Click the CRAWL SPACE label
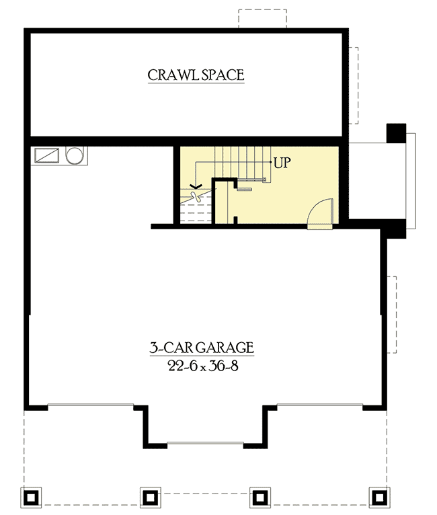[x=196, y=75]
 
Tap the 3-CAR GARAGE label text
[x=201, y=348]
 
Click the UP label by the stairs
[x=281, y=163]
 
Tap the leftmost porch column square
[x=31, y=497]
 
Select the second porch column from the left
[x=149, y=497]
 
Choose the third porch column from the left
[x=260, y=497]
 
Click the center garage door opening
[x=204, y=443]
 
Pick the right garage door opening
[x=319, y=405]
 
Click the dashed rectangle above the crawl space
[x=262, y=19]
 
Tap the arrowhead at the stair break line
[x=196, y=186]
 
